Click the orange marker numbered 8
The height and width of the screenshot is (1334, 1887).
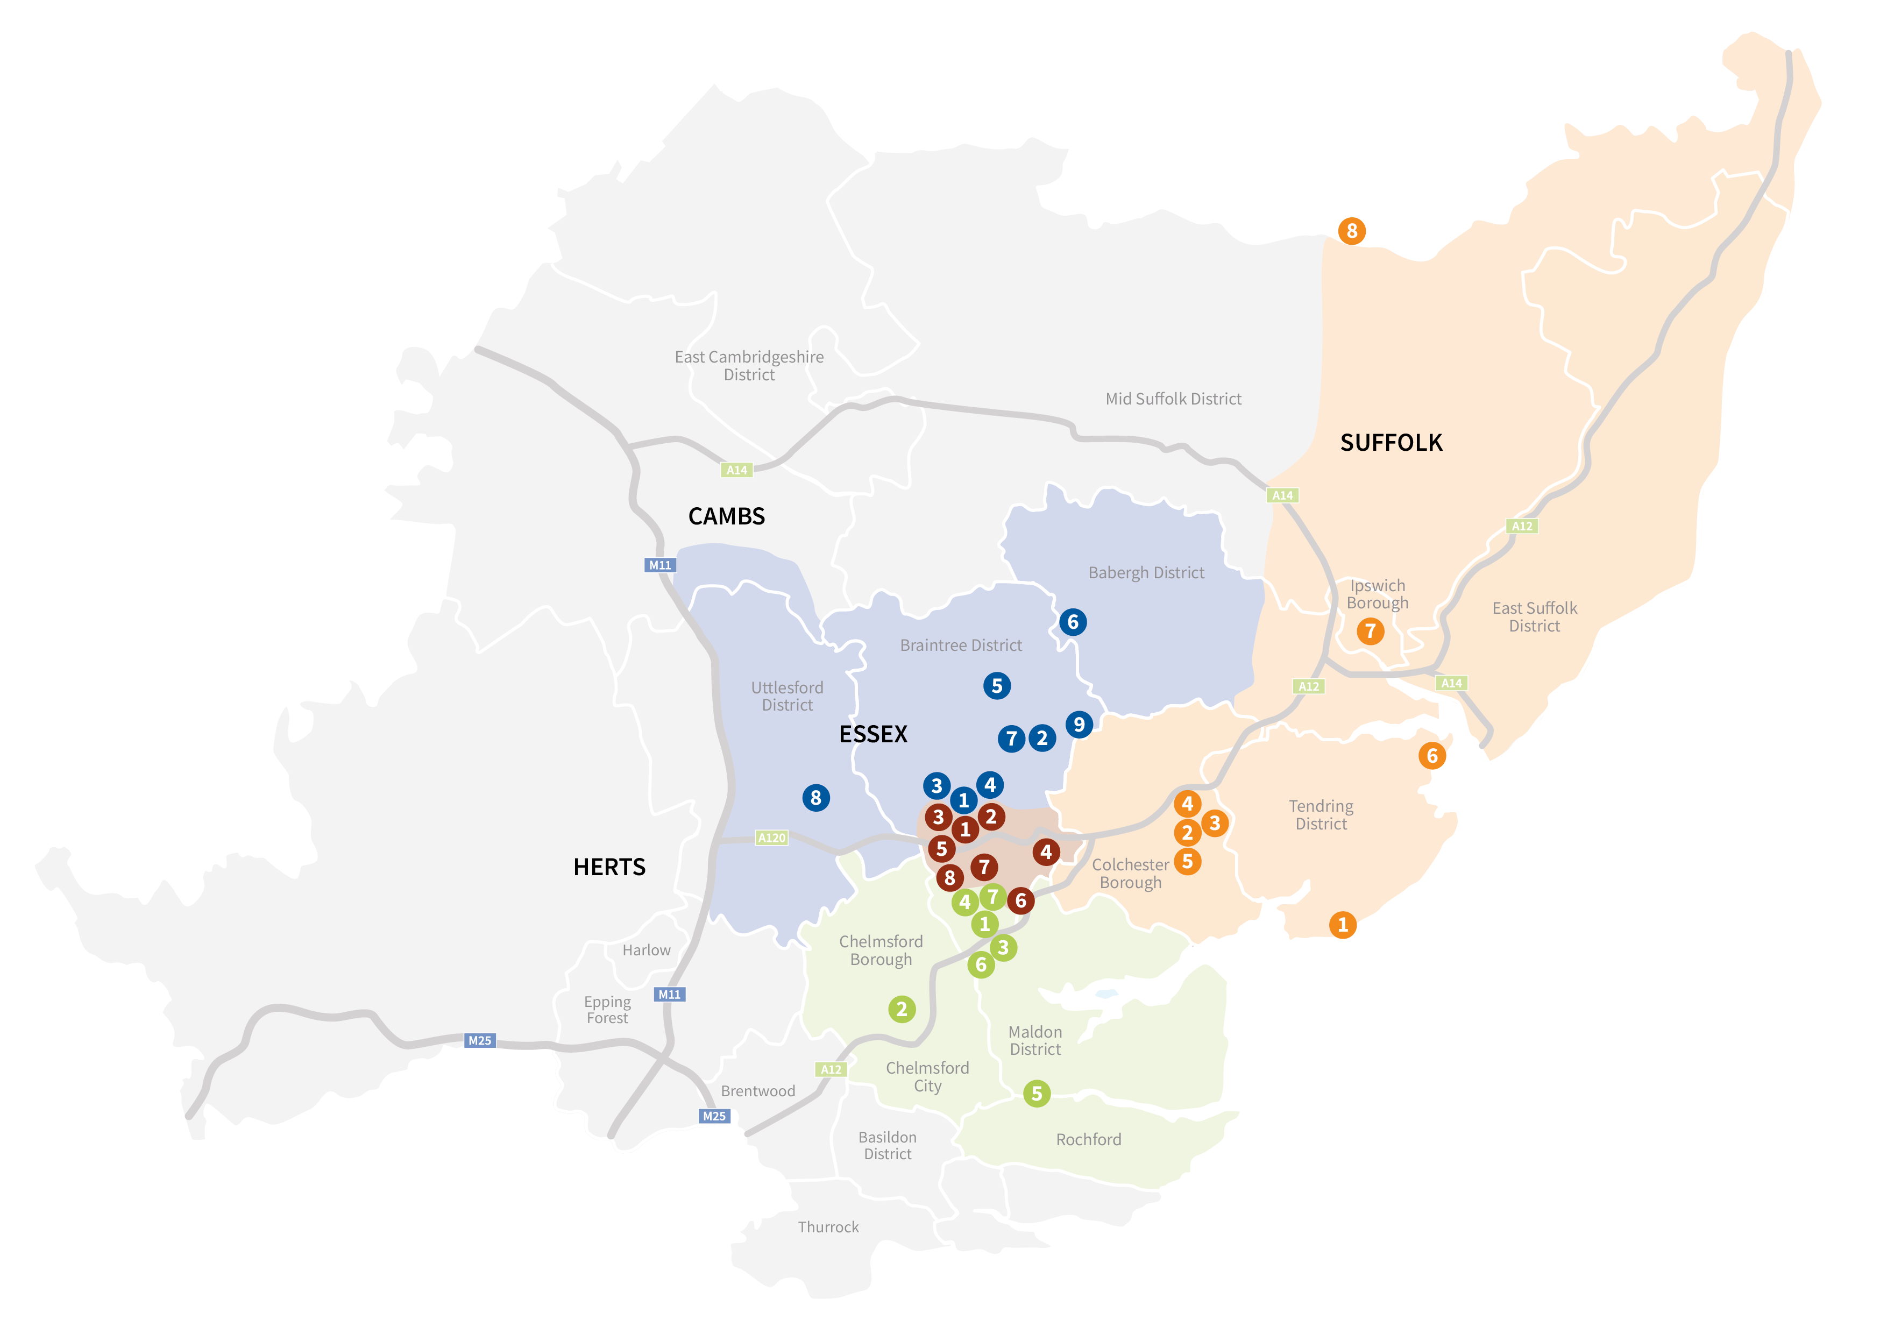point(1352,231)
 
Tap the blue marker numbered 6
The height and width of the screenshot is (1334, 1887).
point(1073,622)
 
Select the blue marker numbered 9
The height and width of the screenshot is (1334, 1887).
point(1079,724)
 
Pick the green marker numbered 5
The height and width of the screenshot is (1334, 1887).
point(1037,1093)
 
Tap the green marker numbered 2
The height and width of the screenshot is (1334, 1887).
point(902,1009)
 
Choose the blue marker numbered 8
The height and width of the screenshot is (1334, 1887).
point(815,797)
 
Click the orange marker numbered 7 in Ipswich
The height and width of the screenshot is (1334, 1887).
point(1370,631)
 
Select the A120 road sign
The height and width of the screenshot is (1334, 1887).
point(772,838)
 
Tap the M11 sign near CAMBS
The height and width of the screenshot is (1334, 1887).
point(660,565)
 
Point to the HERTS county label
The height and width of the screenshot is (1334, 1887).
point(609,867)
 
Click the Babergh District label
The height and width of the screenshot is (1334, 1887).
point(1146,573)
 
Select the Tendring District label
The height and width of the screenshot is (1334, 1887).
point(1321,814)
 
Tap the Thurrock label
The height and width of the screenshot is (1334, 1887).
point(828,1227)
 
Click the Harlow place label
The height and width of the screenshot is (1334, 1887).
point(646,950)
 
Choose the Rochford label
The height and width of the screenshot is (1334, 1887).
point(1088,1139)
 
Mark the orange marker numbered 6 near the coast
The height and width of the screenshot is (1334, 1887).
point(1432,756)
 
